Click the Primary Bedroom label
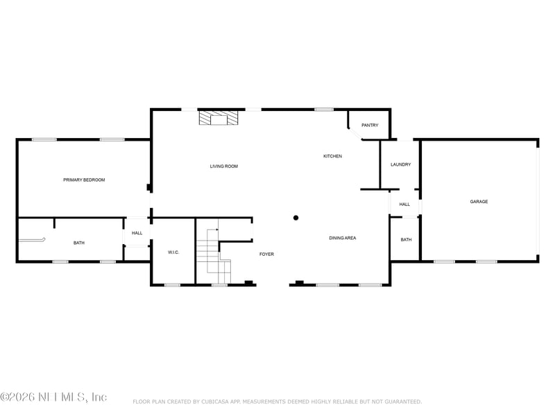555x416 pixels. click(x=84, y=180)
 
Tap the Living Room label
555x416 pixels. click(x=223, y=166)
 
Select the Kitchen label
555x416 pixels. click(x=332, y=156)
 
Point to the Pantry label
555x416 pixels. click(x=370, y=125)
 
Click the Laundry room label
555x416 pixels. click(x=401, y=164)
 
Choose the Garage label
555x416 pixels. click(x=479, y=202)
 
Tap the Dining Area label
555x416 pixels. click(x=342, y=238)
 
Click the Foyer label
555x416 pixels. click(x=266, y=254)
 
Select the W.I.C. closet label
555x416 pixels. click(x=173, y=252)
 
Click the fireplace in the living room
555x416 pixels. click(x=219, y=118)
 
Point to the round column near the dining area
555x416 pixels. click(x=296, y=218)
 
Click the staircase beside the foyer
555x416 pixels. click(x=214, y=256)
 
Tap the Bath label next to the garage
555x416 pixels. click(x=406, y=240)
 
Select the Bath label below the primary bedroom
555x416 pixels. click(x=79, y=243)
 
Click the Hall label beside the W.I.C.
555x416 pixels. click(x=137, y=233)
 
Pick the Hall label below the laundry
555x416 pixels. click(x=404, y=205)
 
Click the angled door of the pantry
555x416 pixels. click(x=355, y=134)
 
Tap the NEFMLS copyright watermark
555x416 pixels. click(x=53, y=397)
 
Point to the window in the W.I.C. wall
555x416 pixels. click(x=172, y=285)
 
